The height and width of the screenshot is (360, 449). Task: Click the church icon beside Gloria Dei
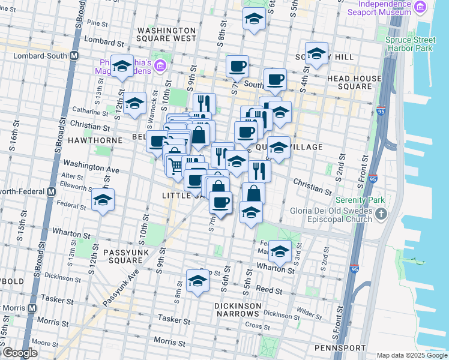[x=381, y=214]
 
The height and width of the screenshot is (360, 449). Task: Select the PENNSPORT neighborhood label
[x=340, y=347]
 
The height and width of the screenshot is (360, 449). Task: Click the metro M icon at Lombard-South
[x=74, y=55]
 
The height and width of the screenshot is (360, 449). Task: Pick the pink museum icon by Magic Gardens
[x=160, y=65]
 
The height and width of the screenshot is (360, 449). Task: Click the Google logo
[x=20, y=353]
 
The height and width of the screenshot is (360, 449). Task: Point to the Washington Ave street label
[x=91, y=165]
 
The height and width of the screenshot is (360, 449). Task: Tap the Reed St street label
[x=270, y=290]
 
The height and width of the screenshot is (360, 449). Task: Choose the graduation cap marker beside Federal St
[x=103, y=200]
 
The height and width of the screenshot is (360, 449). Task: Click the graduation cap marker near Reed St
[x=197, y=280]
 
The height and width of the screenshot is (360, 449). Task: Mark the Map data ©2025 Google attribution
[x=411, y=355]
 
